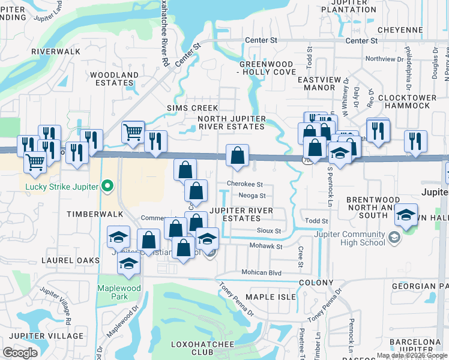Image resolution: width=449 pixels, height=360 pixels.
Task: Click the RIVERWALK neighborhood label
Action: (56, 52)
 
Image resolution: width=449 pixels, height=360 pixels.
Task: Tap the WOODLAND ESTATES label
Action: (114, 79)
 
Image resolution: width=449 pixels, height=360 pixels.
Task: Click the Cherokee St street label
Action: (245, 184)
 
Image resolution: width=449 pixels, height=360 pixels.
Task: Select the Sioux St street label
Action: (269, 230)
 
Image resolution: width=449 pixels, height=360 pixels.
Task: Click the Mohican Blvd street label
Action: (261, 272)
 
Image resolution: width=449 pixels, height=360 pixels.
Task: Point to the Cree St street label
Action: (300, 256)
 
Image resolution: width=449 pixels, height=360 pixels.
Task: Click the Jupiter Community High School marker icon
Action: (393, 238)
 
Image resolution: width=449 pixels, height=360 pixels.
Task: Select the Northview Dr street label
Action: (384, 59)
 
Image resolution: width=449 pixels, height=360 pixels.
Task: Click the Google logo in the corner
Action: (20, 352)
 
